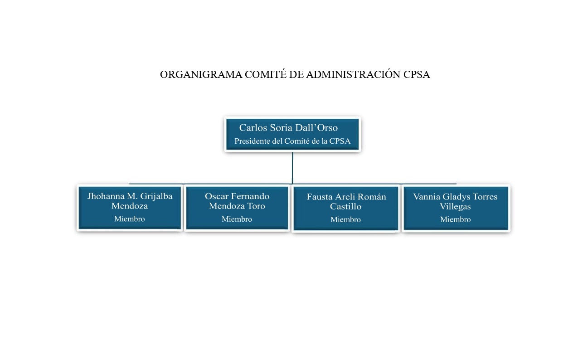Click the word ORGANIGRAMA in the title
(x=201, y=74)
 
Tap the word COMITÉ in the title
(x=266, y=74)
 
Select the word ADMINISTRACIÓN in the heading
(x=353, y=74)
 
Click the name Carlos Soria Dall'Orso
(x=288, y=127)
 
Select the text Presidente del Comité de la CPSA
(x=292, y=141)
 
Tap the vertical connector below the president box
(x=292, y=168)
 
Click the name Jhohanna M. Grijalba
(x=130, y=196)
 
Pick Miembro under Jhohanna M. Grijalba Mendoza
(x=130, y=219)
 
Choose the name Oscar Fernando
(x=237, y=196)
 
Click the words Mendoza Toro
(x=237, y=206)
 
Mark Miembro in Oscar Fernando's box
(x=237, y=219)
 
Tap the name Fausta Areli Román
(x=346, y=197)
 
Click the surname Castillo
(x=345, y=206)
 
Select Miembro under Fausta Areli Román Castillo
(x=345, y=219)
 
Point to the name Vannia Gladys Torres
(x=455, y=197)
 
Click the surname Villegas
(x=455, y=206)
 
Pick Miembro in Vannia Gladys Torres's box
(x=456, y=219)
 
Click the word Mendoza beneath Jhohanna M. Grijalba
(x=130, y=206)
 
